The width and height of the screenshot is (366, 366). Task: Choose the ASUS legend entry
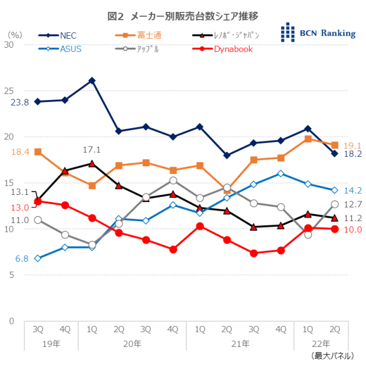pos(70,49)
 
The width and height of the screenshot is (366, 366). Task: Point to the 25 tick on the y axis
pos(8,91)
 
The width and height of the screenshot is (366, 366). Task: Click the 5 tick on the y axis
pos(10,275)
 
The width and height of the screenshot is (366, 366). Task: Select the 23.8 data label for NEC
pos(20,103)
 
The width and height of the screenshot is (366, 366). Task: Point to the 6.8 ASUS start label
pos(22,259)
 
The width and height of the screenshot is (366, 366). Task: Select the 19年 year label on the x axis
pos(51,343)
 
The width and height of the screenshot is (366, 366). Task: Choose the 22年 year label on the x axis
pos(321,343)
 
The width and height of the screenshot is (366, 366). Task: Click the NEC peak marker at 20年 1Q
pos(92,80)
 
